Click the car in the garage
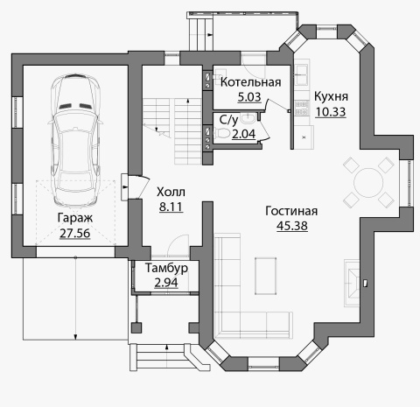[75, 141]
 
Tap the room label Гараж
[75, 218]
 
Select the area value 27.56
[75, 233]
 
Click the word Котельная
[250, 82]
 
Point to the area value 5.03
[249, 97]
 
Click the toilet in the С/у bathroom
[222, 133]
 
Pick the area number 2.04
[243, 134]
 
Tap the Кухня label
[331, 96]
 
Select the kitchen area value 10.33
[331, 112]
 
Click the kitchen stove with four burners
[302, 108]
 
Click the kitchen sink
[302, 74]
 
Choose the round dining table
[368, 183]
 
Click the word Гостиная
[291, 211]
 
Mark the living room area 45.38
[292, 226]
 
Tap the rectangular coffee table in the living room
[265, 276]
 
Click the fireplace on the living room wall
[352, 283]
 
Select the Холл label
[171, 193]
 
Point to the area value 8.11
[171, 207]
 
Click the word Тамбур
[166, 268]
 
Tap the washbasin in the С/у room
[248, 118]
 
